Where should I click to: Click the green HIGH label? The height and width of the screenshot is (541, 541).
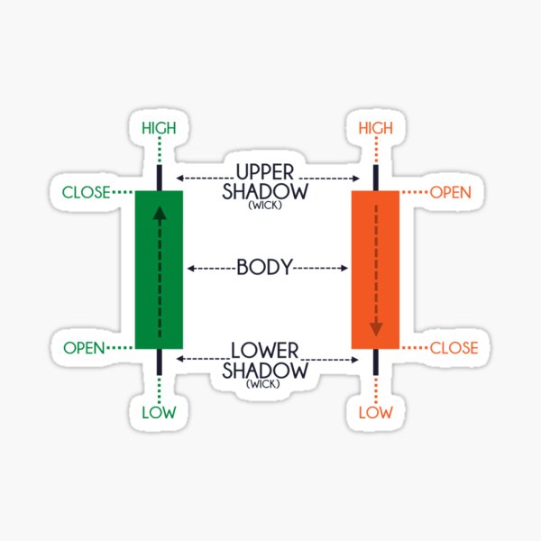pos(160,129)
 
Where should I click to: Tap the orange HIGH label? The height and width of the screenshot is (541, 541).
pos(376,129)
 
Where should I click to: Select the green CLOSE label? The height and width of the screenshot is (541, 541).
pos(86,192)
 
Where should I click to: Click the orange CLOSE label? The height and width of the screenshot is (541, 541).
pos(454,348)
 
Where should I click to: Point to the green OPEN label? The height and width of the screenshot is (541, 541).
pos(85,348)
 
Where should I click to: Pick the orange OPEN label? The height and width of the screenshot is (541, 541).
pos(452,192)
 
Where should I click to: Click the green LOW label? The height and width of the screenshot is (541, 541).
pos(160,413)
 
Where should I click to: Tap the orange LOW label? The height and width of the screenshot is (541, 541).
pos(376,413)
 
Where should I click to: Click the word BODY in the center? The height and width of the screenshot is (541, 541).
pos(264,268)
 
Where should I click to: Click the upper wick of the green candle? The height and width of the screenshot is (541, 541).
pos(160,177)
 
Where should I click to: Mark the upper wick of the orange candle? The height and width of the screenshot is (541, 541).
pos(375,177)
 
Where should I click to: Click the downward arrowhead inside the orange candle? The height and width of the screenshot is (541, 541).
pos(375,329)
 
